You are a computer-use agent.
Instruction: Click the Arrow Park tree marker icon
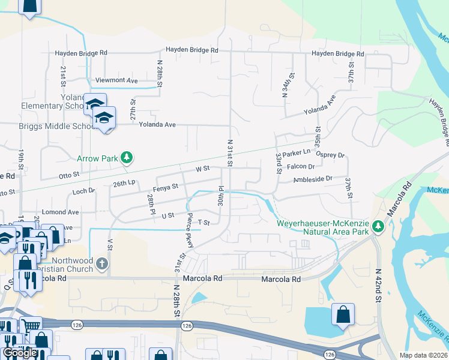(x=126, y=158)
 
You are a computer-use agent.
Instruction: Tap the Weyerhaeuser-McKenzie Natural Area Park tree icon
(x=378, y=226)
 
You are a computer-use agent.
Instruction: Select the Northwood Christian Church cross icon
(x=102, y=263)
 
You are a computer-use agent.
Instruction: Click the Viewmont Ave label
(x=116, y=80)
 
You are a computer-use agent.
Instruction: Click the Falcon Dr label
(x=301, y=167)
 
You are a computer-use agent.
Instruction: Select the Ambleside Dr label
(x=313, y=179)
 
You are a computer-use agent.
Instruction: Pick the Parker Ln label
(x=297, y=154)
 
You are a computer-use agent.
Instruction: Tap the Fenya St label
(x=166, y=187)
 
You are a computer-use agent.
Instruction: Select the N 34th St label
(x=286, y=85)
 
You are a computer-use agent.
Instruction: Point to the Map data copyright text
(x=424, y=355)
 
